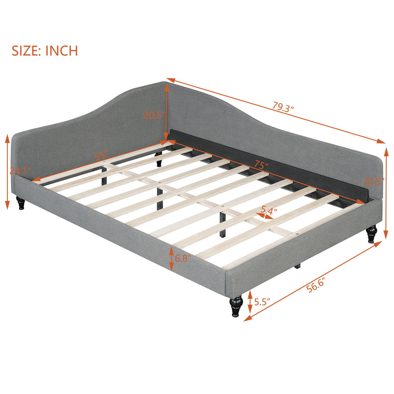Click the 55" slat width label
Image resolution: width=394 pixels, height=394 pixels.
point(101,156)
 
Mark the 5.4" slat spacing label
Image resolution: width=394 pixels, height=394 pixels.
point(269,210)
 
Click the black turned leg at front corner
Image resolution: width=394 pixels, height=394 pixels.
point(236,305)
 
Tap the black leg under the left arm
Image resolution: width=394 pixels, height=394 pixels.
point(21,202)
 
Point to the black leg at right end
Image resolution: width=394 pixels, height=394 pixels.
point(371,234)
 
